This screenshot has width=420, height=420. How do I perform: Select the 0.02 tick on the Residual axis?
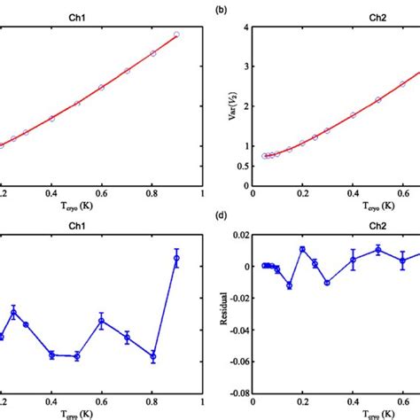click(240, 234)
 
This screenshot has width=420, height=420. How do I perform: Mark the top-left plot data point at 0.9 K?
click(176, 35)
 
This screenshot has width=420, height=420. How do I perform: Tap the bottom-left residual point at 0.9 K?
click(176, 258)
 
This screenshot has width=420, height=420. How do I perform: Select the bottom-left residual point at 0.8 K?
click(153, 357)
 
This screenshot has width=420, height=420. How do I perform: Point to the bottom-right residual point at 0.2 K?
click(302, 249)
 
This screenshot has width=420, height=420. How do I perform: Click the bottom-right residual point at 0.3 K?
click(327, 283)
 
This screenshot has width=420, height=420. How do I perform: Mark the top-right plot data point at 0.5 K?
click(377, 99)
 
